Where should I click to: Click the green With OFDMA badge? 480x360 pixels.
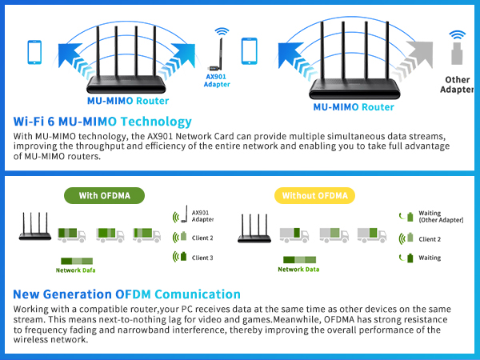point(105,195)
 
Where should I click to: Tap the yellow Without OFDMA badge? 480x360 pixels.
point(314,195)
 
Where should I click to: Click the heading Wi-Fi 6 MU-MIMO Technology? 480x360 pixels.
point(103,122)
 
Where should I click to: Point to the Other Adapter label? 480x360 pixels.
point(457,85)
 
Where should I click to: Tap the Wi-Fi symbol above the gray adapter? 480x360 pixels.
point(457,36)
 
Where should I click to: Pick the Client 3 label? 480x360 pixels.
point(202,257)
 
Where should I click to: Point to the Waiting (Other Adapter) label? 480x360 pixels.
point(441,217)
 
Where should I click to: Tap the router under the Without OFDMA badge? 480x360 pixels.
point(255,230)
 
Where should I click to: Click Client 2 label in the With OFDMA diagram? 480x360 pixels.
point(202,238)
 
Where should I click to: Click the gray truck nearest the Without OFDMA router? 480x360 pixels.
point(294,234)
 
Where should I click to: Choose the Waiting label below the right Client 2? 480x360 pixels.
point(430,258)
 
